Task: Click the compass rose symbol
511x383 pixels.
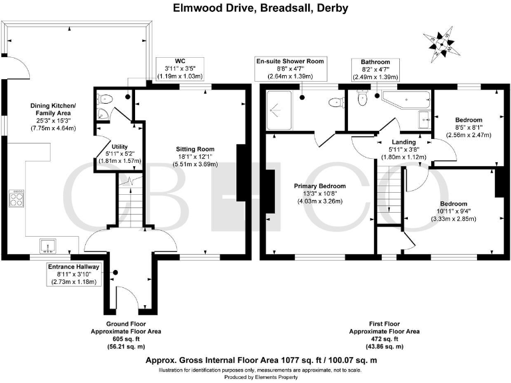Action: click(x=441, y=43)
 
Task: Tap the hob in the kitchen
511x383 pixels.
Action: click(x=16, y=198)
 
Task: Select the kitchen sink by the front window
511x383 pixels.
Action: click(x=48, y=246)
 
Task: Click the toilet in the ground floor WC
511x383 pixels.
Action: click(x=105, y=98)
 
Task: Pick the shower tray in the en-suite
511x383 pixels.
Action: click(x=279, y=110)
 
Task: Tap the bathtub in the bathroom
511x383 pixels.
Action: click(x=407, y=99)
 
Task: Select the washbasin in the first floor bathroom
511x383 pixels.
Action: click(x=425, y=120)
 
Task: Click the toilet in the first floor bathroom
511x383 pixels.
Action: click(x=362, y=98)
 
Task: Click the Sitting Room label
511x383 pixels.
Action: click(x=195, y=149)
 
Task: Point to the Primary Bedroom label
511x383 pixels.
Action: click(x=319, y=186)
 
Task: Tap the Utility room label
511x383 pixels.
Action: click(x=120, y=146)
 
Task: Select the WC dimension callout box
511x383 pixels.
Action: click(x=180, y=68)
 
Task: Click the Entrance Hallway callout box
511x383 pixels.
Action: click(x=74, y=274)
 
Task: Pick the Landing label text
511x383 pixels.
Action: click(x=404, y=142)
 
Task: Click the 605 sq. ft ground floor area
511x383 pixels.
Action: click(x=126, y=339)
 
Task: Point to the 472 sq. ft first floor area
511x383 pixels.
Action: click(x=384, y=339)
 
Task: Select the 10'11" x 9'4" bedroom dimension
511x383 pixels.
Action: click(x=454, y=211)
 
